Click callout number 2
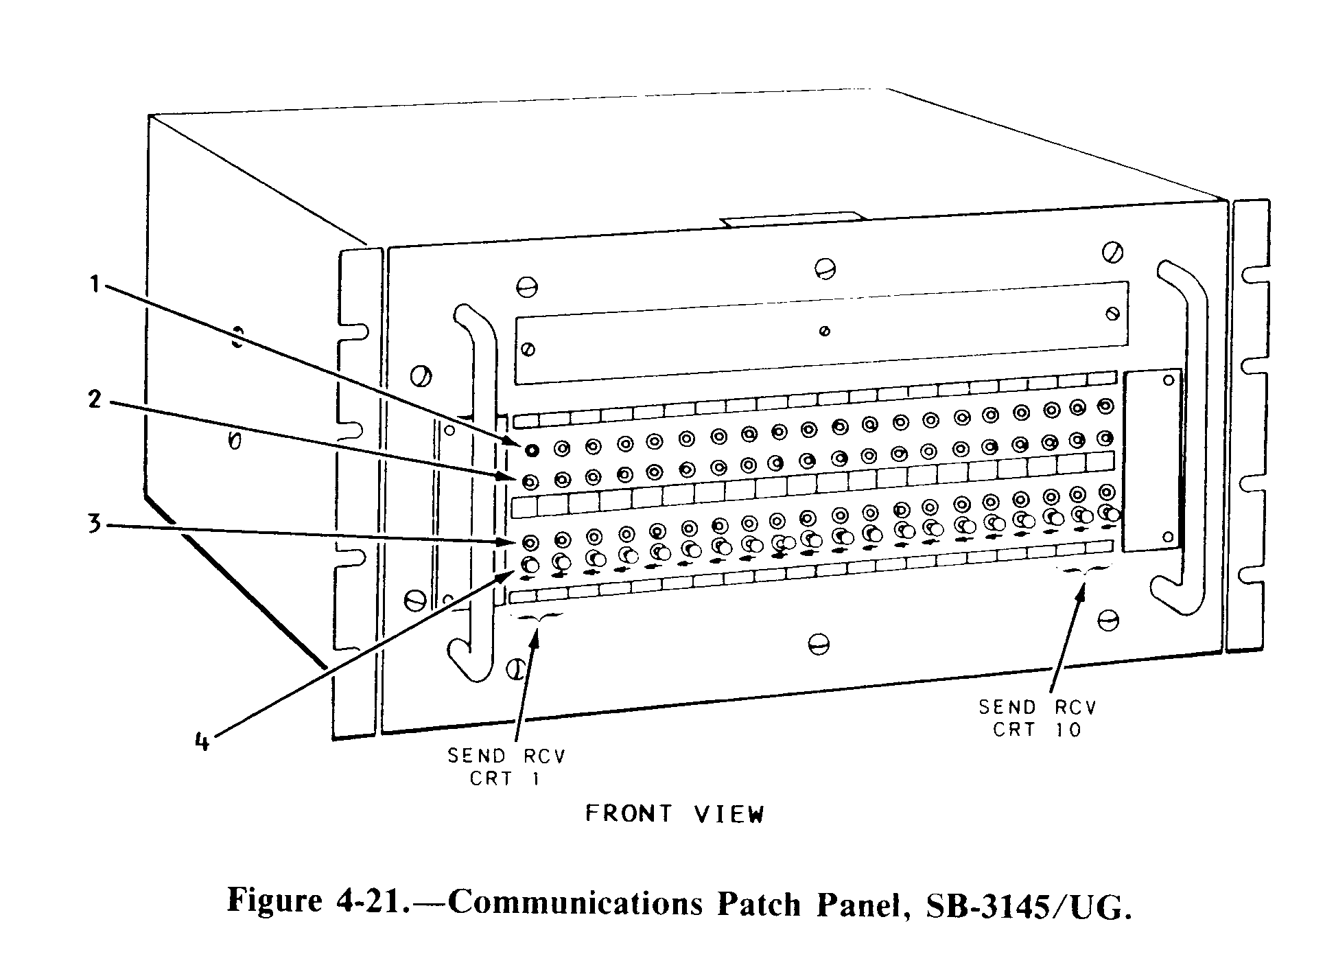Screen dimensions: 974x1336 [95, 399]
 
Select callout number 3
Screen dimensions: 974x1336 [94, 524]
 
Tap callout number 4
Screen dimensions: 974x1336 [202, 742]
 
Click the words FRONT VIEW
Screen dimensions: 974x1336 [674, 814]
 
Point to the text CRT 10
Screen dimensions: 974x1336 [1037, 730]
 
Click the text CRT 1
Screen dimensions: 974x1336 [505, 779]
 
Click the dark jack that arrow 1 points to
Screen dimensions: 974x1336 [530, 451]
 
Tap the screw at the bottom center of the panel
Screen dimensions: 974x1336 [819, 644]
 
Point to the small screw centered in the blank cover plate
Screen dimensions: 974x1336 [825, 332]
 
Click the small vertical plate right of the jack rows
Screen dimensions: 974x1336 [1152, 460]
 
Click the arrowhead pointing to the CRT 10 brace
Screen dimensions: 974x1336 [1081, 592]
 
